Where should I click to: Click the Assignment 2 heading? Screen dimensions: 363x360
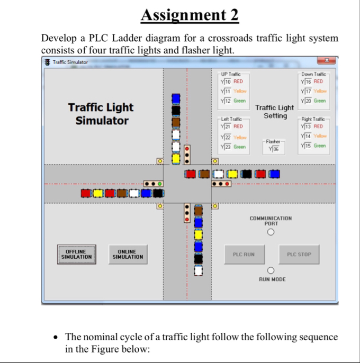pyautogui.click(x=190, y=16)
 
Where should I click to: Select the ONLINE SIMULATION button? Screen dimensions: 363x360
pyautogui.click(x=127, y=255)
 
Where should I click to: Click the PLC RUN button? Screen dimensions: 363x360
pyautogui.click(x=244, y=255)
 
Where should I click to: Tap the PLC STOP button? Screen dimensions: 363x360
pyautogui.click(x=299, y=255)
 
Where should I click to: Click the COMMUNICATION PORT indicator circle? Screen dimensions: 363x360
pyautogui.click(x=271, y=232)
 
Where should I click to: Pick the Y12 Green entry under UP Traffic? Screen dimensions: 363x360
pyautogui.click(x=232, y=101)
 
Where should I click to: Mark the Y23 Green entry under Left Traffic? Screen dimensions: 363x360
pyautogui.click(x=232, y=147)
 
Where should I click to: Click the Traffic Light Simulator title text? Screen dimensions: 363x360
pyautogui.click(x=101, y=114)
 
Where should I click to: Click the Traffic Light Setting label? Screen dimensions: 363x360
pyautogui.click(x=274, y=112)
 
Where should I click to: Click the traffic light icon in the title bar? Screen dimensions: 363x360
pyautogui.click(x=48, y=62)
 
